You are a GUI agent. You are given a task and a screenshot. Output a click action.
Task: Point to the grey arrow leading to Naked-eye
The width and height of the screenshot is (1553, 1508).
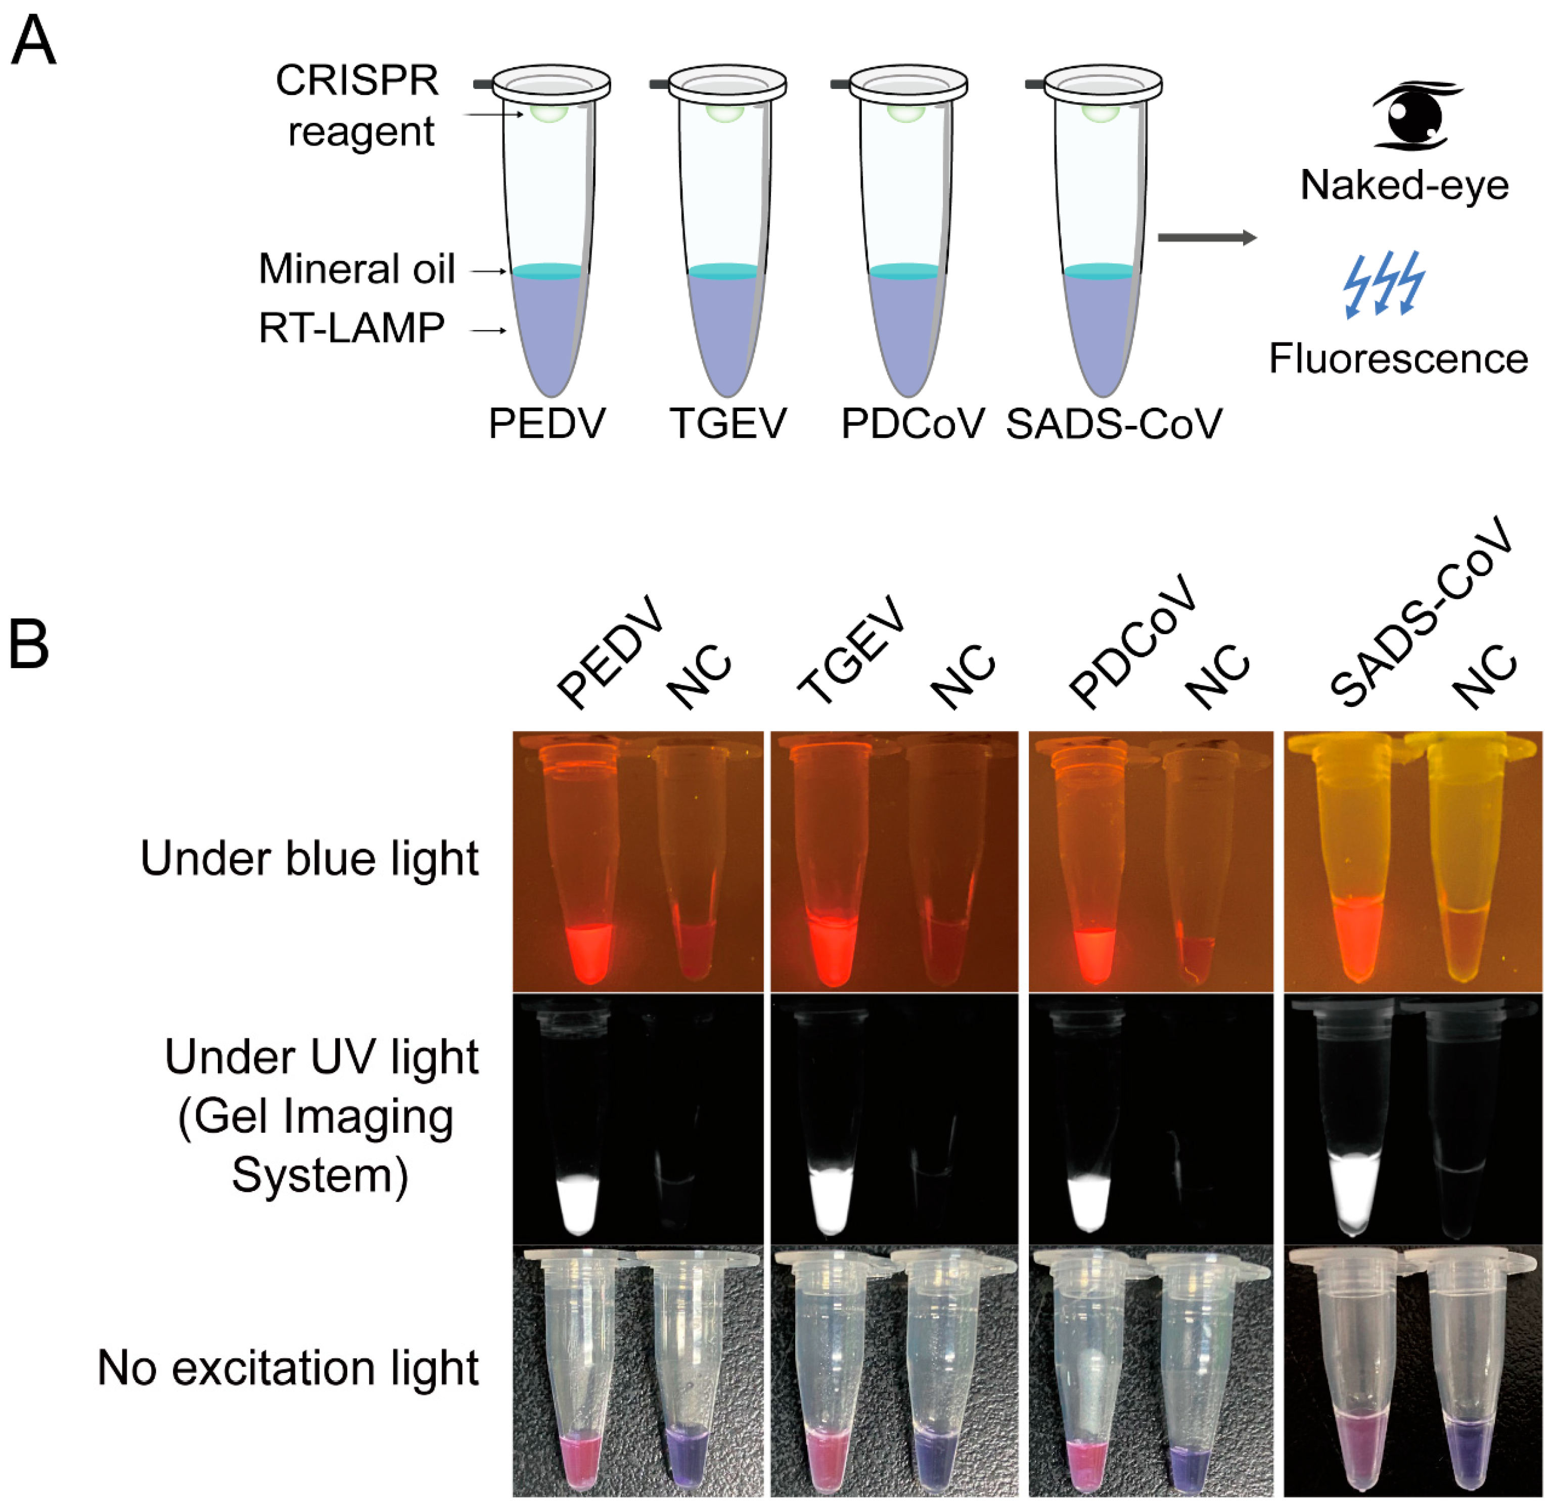click(x=1206, y=238)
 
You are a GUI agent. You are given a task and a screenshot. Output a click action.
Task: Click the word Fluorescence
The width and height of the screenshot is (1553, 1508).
click(x=1398, y=359)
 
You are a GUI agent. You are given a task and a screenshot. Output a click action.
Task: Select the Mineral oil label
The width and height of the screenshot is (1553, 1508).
click(x=356, y=270)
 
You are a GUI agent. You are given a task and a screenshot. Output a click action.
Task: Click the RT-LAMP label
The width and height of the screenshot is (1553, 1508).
click(x=352, y=328)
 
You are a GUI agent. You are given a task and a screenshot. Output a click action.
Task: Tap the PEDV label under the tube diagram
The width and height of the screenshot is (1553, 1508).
click(x=546, y=424)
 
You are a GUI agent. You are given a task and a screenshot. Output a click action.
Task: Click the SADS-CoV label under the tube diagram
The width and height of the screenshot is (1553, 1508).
click(x=1113, y=424)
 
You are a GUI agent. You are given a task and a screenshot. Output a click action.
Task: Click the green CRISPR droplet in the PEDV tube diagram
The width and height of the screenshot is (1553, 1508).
click(x=549, y=113)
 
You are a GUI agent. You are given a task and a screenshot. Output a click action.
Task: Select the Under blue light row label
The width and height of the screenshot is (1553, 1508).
click(x=309, y=859)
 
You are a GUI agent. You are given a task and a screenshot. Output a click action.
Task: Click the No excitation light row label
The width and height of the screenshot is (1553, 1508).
click(x=288, y=1368)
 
